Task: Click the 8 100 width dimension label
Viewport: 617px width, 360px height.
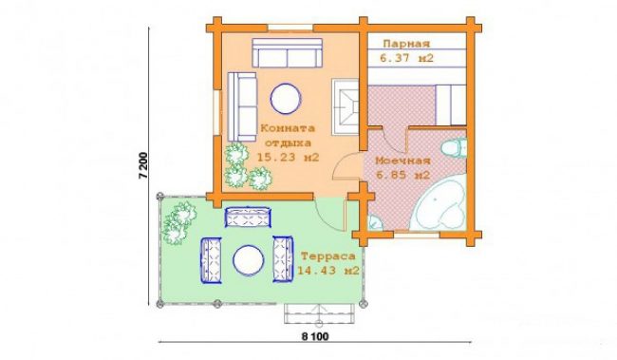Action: tap(315, 336)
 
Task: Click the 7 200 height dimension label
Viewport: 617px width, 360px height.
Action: tap(143, 165)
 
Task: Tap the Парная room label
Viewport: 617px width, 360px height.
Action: tap(406, 44)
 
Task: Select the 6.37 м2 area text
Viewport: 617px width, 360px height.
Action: tap(406, 58)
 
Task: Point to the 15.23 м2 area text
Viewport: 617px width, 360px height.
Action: tap(288, 158)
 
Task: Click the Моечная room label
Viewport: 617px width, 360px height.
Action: tap(402, 161)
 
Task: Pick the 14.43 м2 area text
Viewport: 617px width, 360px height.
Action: tap(328, 271)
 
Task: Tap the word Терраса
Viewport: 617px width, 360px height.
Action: tap(328, 256)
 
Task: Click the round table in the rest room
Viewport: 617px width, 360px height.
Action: tap(286, 99)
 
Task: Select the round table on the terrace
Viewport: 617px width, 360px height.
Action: tap(249, 260)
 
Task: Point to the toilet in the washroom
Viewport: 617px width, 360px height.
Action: tap(454, 147)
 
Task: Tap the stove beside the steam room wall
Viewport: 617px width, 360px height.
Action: tap(346, 106)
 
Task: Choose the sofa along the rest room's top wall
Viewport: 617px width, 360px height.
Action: tap(288, 53)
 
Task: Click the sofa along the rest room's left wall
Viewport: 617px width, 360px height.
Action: tap(242, 106)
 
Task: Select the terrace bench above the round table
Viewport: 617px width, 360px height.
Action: tap(248, 217)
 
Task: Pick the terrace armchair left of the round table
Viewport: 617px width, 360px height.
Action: tap(211, 260)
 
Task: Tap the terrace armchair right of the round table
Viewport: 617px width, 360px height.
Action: tap(283, 259)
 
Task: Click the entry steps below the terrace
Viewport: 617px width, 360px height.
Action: tap(319, 313)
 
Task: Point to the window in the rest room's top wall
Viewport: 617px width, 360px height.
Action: tap(290, 28)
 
